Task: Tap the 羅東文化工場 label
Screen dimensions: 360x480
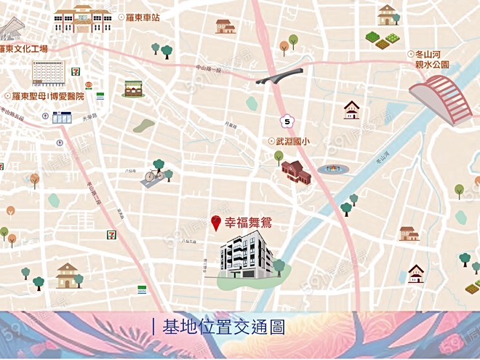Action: [x=24, y=49]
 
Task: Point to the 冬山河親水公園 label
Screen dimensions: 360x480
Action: [x=431, y=59]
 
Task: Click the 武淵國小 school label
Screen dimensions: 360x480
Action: [x=292, y=142]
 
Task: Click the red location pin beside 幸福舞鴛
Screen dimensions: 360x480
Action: [x=216, y=223]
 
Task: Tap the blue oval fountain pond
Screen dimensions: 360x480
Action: [x=333, y=169]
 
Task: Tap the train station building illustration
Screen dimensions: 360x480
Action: [x=82, y=18]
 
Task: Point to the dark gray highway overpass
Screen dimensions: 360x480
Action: [x=279, y=76]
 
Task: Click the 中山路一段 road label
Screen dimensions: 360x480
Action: [x=208, y=68]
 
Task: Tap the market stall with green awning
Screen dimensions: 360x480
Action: [x=133, y=88]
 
